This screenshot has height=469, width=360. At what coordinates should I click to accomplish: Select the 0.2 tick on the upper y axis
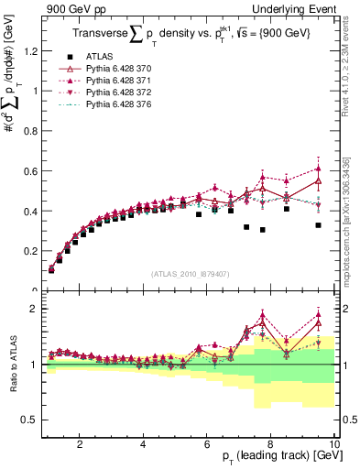point(33,251)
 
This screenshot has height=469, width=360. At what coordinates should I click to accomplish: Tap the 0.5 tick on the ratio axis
point(33,420)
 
